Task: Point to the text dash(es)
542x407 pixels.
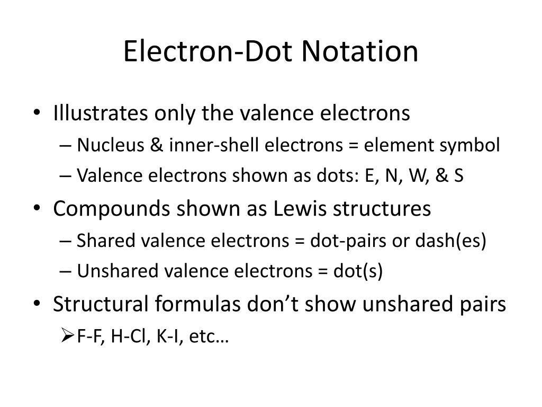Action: pos(458,241)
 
